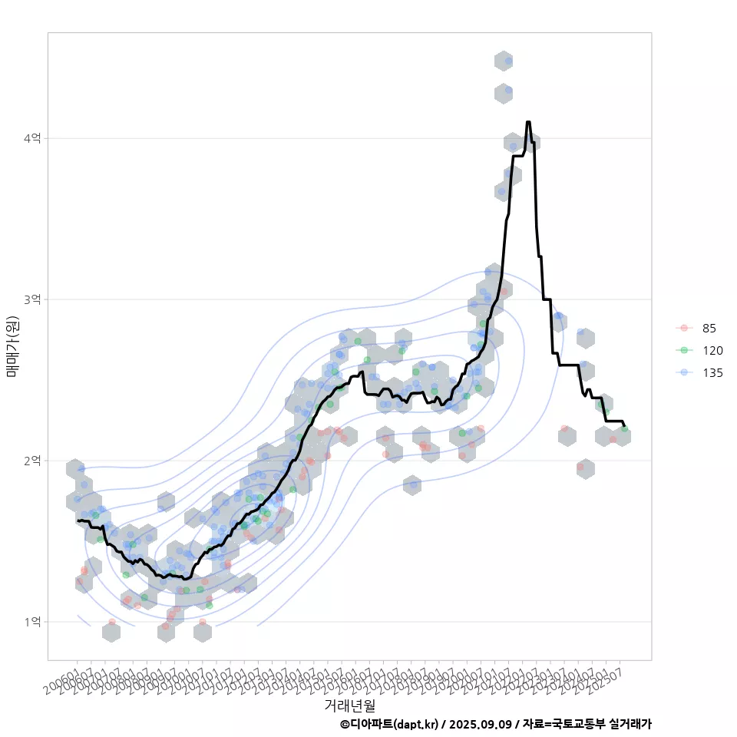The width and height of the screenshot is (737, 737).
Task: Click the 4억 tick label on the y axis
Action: (34, 138)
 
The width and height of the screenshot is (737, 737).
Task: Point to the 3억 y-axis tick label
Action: (34, 299)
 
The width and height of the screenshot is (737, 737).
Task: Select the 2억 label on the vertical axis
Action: (34, 461)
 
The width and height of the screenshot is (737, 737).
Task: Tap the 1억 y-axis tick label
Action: (34, 622)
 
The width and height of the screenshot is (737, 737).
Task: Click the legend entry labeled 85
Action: (709, 329)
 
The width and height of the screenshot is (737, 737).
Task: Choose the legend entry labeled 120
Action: (712, 351)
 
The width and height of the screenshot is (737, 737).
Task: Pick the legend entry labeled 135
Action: (712, 373)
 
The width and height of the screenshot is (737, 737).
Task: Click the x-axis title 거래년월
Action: (349, 705)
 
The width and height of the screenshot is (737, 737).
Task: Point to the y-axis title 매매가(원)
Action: (13, 346)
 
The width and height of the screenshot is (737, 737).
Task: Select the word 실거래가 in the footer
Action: (630, 724)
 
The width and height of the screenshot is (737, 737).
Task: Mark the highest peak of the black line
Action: (528, 121)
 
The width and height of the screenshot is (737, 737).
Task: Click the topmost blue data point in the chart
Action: (508, 60)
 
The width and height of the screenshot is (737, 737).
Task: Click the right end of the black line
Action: (625, 426)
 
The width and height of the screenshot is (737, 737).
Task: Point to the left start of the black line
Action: (78, 521)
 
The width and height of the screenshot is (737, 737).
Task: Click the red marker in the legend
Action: (684, 329)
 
